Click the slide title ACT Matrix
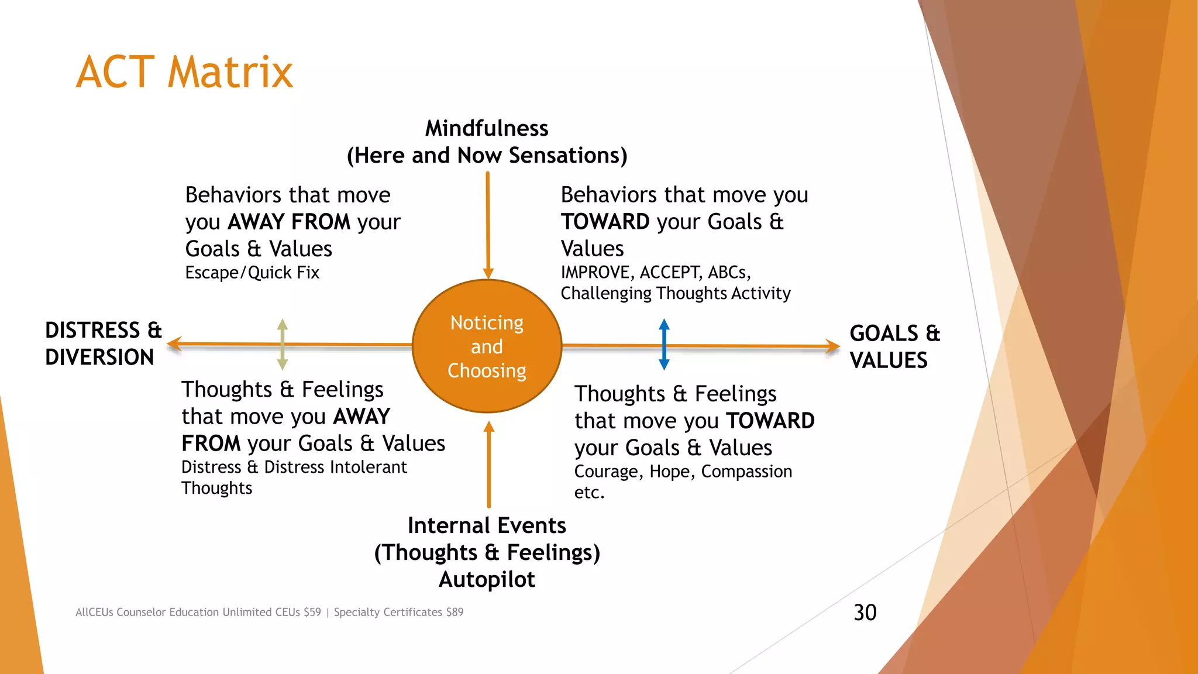(x=184, y=73)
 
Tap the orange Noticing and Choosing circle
(x=487, y=346)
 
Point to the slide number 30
(x=865, y=613)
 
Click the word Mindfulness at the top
(x=487, y=128)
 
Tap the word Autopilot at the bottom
(x=487, y=579)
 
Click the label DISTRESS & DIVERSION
(x=103, y=343)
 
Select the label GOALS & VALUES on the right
(x=894, y=346)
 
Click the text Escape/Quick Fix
(x=252, y=273)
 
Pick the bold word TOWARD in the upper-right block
(x=605, y=222)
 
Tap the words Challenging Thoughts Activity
(x=675, y=293)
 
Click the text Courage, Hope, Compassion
(x=683, y=472)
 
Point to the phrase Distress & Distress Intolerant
(x=294, y=467)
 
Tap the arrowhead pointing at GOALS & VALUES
(x=833, y=346)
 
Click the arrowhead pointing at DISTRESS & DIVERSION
(x=174, y=344)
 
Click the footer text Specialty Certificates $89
(x=398, y=612)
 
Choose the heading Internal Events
(x=487, y=525)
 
